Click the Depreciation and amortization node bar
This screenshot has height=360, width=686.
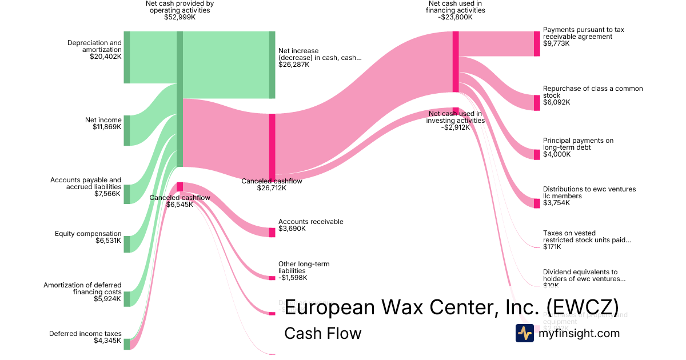pos(127,57)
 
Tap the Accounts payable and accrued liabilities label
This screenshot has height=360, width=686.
pos(86,183)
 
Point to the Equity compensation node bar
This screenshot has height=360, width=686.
pos(127,244)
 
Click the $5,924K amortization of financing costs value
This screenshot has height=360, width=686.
pos(107,299)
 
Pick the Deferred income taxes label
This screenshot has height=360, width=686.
pos(85,334)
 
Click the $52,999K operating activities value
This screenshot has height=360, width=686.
pos(180,17)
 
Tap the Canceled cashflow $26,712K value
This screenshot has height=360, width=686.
pos(272,188)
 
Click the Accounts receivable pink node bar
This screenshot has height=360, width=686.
pos(272,233)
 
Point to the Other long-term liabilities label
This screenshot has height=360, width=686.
pos(304,267)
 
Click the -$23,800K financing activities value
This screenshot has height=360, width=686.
pos(456,17)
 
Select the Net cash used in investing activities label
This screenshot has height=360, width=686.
pos(456,117)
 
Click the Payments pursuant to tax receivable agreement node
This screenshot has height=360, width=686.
pos(537,43)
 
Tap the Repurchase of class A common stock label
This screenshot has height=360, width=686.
pos(593,92)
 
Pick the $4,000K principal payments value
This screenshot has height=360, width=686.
pos(557,154)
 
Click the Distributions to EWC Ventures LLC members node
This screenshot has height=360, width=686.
pos(537,203)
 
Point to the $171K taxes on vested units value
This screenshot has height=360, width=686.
pos(552,247)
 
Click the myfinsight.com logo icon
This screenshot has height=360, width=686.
pos(524,333)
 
